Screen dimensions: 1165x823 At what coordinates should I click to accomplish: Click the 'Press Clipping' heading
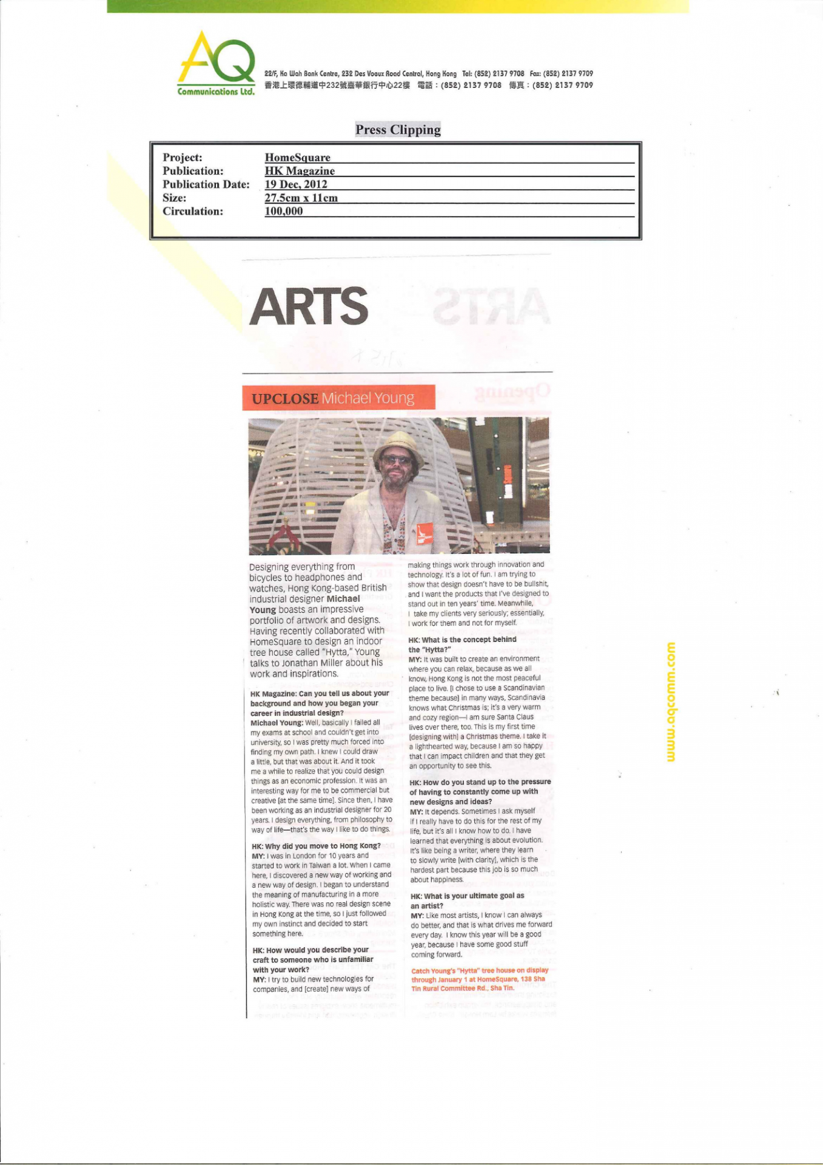(x=398, y=129)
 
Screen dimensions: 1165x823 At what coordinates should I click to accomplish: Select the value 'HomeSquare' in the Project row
(x=297, y=158)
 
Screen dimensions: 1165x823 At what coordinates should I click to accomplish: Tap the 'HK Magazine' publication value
(x=300, y=171)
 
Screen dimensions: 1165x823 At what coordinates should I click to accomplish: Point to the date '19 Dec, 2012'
(x=296, y=184)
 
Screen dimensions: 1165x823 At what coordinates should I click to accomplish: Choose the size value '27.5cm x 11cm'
(x=301, y=198)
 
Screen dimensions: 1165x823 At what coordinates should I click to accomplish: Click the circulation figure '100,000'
(x=284, y=211)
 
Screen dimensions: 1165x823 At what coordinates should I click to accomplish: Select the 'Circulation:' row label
(x=193, y=211)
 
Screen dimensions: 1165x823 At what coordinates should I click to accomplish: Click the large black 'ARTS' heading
(x=309, y=307)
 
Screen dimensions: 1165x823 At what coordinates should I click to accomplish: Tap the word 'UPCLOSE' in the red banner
(x=285, y=399)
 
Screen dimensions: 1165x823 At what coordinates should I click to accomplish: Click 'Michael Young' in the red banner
(x=368, y=398)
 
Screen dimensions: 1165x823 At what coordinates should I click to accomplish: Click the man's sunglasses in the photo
(x=397, y=461)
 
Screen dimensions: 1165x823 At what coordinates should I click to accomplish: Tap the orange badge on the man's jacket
(x=425, y=533)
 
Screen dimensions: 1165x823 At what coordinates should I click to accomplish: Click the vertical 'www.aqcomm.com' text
(x=670, y=701)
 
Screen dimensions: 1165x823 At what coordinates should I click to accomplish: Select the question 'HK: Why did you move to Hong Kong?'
(x=316, y=846)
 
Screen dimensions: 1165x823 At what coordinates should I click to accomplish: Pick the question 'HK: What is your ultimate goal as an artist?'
(x=467, y=900)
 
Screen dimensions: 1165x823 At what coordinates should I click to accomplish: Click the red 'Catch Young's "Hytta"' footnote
(x=479, y=979)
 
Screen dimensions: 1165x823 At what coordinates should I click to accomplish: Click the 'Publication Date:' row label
(x=206, y=184)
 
